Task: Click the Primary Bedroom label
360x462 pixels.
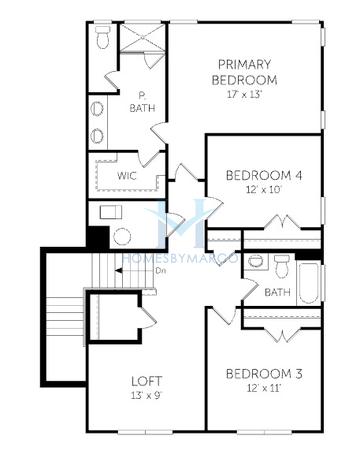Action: coord(244,72)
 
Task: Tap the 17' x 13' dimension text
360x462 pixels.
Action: coord(245,94)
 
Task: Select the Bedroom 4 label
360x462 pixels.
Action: coord(264,175)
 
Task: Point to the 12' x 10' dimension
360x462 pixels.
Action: coord(264,190)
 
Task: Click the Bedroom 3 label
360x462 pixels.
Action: coord(264,374)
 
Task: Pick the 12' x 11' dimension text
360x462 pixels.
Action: coord(264,388)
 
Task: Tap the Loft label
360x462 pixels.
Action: coord(147,381)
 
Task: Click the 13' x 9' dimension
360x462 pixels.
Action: coord(147,395)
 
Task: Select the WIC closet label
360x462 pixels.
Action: coord(127,175)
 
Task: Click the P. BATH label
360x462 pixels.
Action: coord(142,102)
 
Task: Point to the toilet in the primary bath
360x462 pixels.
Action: coord(102,37)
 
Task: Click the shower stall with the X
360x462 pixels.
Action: coord(142,38)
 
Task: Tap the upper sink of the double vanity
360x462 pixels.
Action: coord(97,109)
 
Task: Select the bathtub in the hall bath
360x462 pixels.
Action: coord(308,284)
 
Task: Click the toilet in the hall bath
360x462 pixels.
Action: coord(282,266)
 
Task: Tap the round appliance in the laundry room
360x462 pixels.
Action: coord(122,237)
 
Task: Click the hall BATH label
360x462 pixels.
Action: coord(277,292)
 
